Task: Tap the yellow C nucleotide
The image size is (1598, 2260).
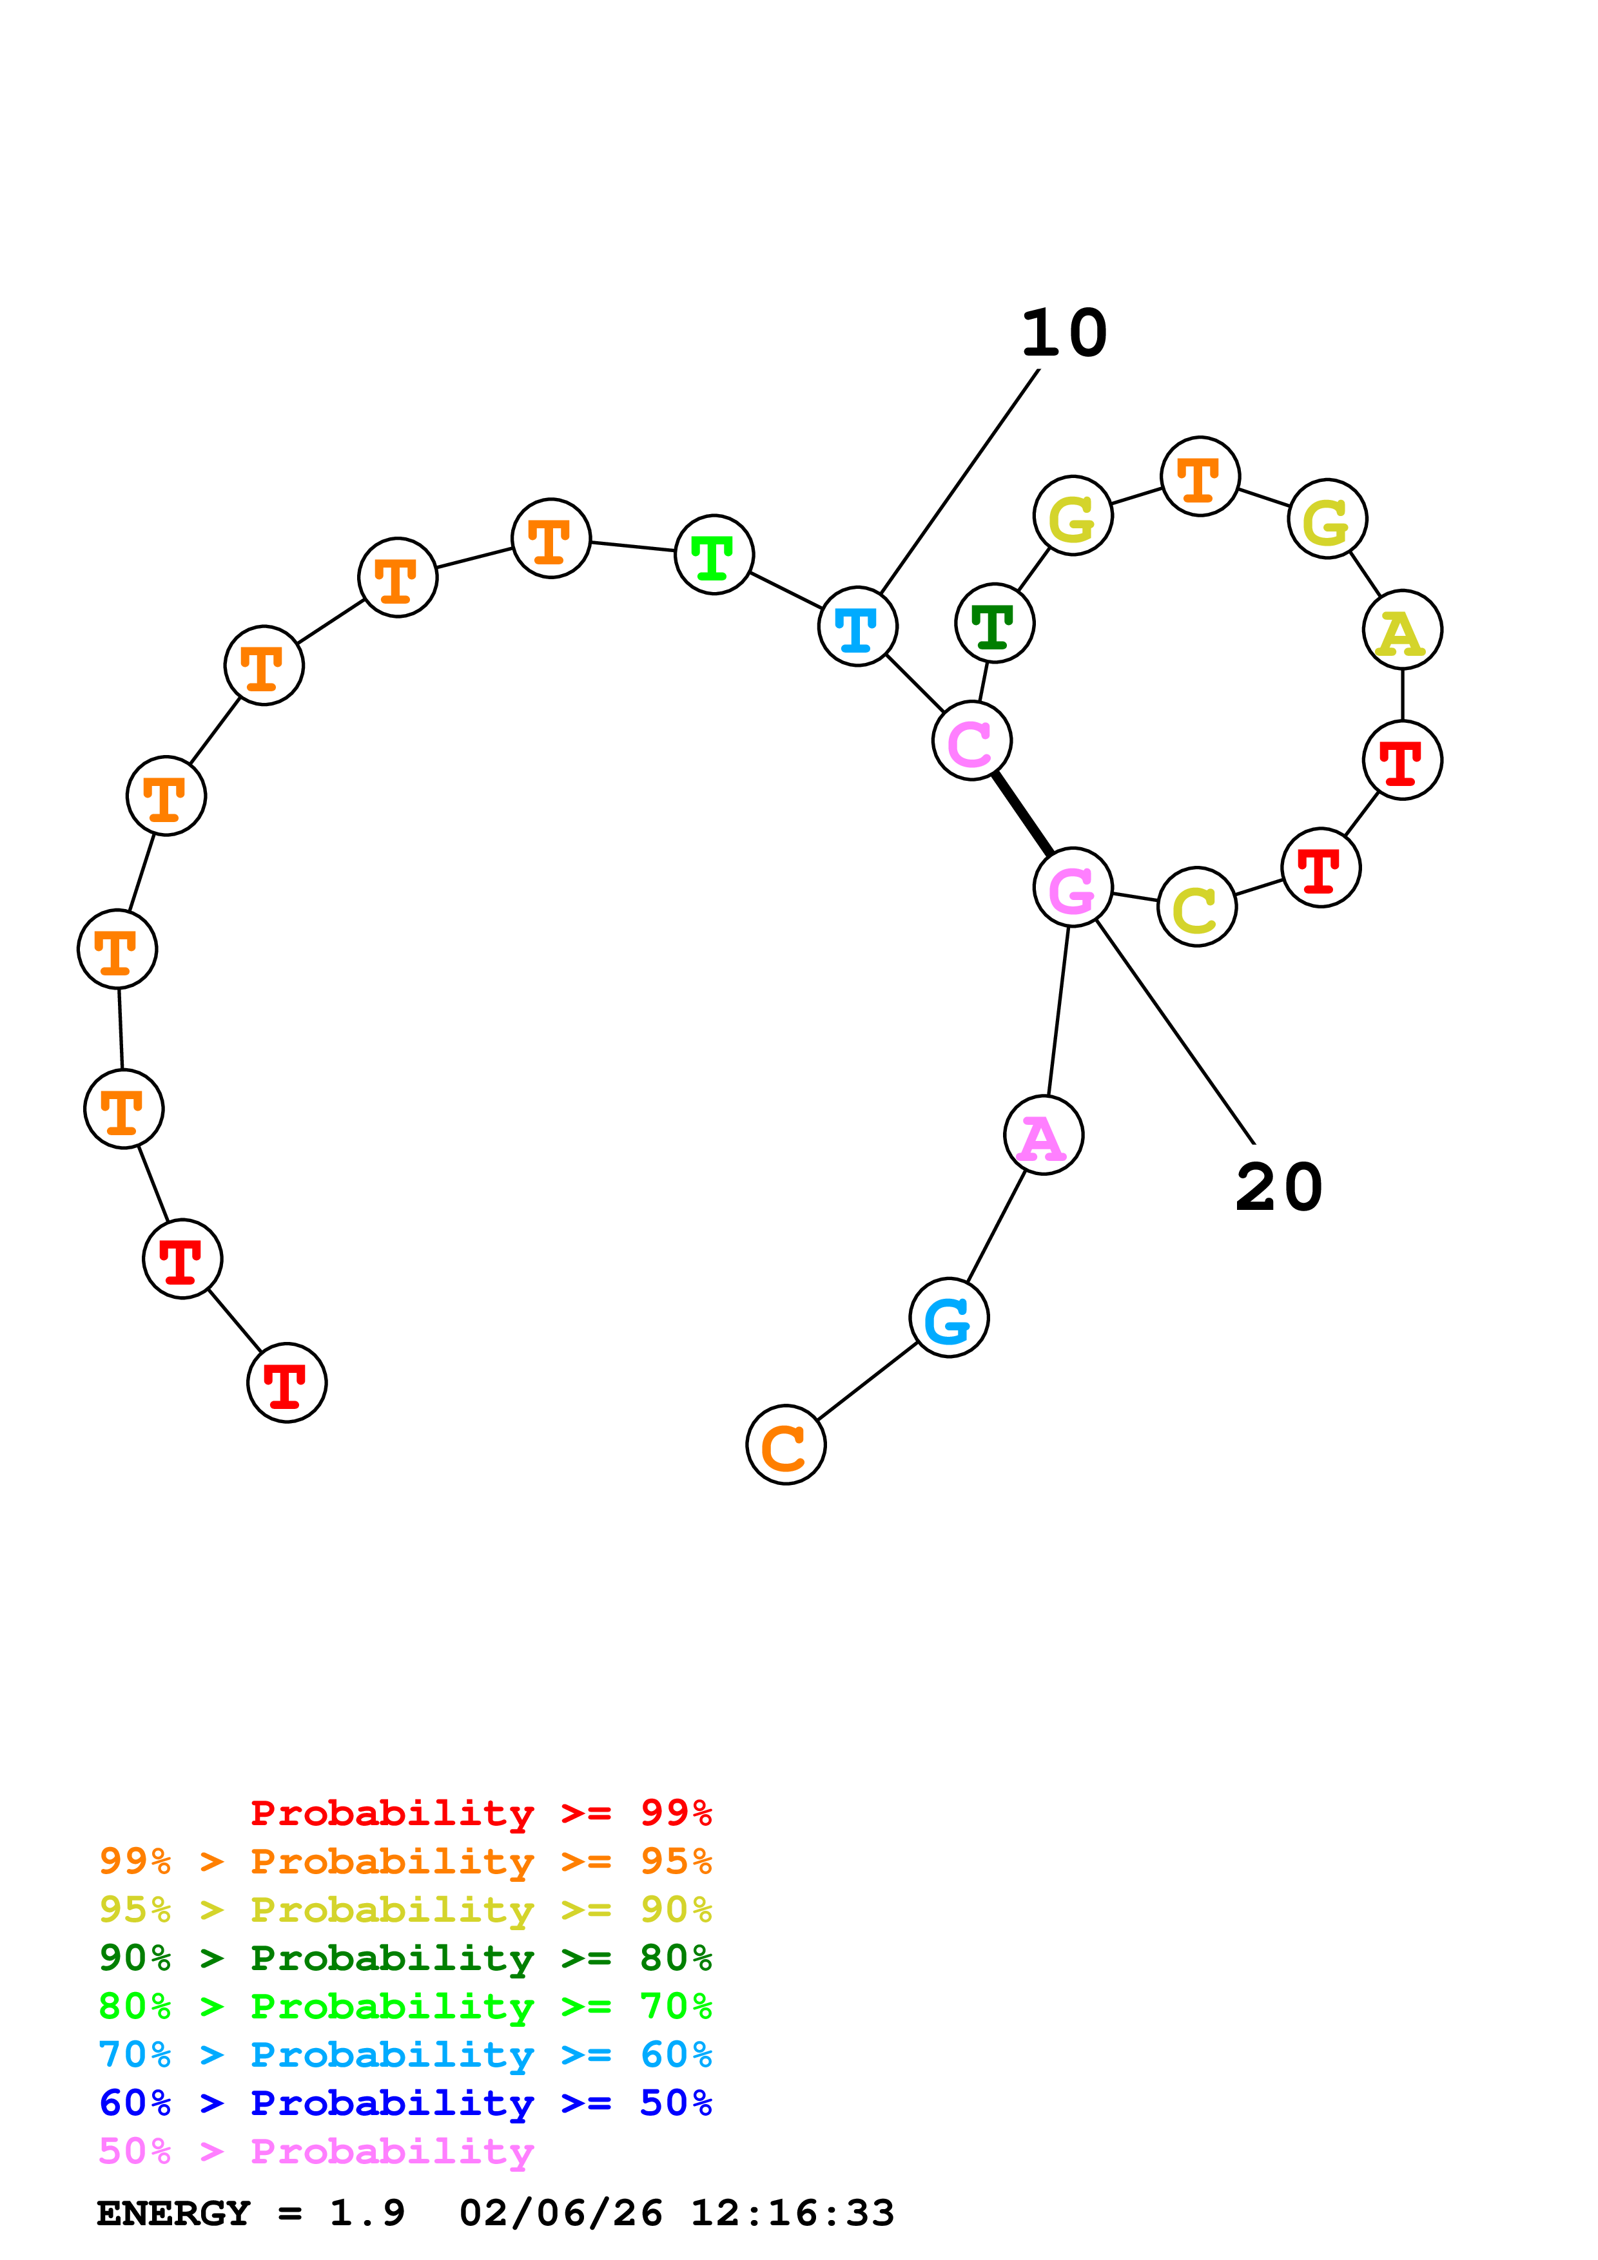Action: [1196, 906]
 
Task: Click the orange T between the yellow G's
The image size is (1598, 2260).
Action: [1199, 476]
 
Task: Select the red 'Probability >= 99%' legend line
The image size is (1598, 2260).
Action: [480, 1812]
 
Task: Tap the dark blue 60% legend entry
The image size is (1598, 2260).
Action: [405, 2103]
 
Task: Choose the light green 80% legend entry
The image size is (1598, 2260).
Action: [405, 2006]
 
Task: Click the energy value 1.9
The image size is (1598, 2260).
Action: [366, 2213]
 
